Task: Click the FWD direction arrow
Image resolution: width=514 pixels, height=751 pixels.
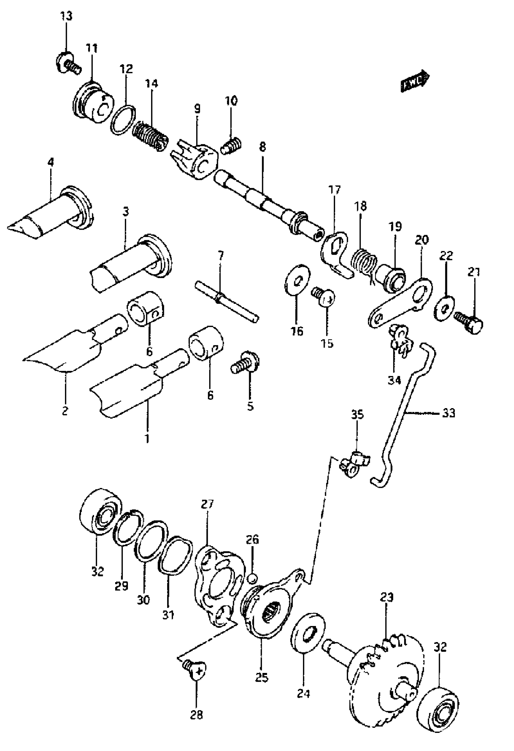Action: coord(415,82)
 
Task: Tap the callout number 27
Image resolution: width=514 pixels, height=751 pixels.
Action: coord(207,504)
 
